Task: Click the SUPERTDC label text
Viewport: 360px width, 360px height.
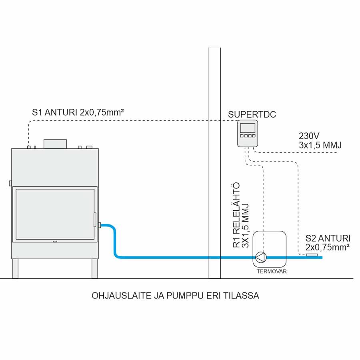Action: point(252,115)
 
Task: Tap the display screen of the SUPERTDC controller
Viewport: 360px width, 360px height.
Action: point(247,128)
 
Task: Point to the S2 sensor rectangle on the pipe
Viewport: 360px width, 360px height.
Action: point(312,255)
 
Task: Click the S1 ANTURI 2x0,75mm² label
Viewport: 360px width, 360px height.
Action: point(77,112)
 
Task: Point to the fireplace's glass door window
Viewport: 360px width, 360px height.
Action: point(54,214)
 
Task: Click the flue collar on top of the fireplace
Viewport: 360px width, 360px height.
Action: point(55,144)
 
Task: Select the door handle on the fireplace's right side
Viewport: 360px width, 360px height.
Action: point(95,220)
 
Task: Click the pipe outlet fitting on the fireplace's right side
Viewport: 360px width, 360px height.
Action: point(99,225)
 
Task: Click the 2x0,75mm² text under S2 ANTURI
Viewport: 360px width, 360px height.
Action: point(328,247)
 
